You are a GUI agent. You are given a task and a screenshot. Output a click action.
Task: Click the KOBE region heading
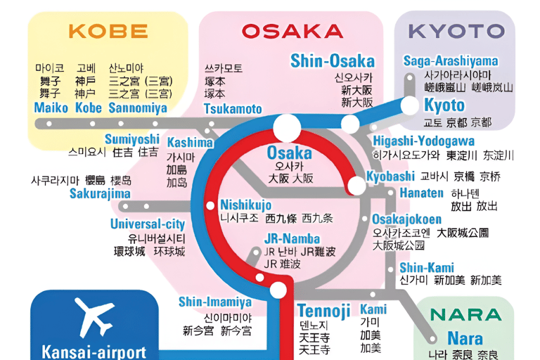pyautogui.click(x=108, y=31)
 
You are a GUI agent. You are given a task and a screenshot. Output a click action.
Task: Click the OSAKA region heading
pyautogui.click(x=292, y=31)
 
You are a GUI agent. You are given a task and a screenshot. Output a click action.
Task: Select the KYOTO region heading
pyautogui.click(x=456, y=31)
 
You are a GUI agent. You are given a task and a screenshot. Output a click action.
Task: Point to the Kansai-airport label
pyautogui.click(x=94, y=352)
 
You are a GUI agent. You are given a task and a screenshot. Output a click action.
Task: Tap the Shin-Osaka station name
pyautogui.click(x=333, y=60)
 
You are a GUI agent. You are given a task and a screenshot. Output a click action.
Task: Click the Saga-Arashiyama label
pyautogui.click(x=451, y=61)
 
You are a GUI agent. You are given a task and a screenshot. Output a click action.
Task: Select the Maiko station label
pyautogui.click(x=51, y=108)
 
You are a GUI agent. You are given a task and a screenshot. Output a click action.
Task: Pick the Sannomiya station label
pyautogui.click(x=138, y=108)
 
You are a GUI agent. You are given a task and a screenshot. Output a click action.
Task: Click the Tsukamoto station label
pyautogui.click(x=233, y=109)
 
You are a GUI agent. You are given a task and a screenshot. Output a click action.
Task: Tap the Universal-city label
pyautogui.click(x=148, y=224)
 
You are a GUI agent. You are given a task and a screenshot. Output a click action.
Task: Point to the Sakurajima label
pyautogui.click(x=100, y=193)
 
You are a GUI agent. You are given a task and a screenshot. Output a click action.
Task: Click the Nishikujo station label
pyautogui.click(x=245, y=205)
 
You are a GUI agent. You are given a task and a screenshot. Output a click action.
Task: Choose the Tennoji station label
pyautogui.click(x=323, y=310)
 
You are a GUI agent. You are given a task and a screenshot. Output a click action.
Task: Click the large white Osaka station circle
pyautogui.click(x=287, y=127)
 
